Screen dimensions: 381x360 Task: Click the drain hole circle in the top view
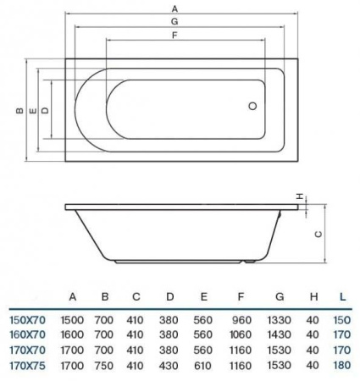pos(252,108)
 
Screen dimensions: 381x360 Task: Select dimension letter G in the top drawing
pos(174,22)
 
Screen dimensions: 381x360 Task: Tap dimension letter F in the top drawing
pos(173,36)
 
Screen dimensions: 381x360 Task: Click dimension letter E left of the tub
pos(31,110)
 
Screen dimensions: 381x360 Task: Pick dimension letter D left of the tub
pos(45,110)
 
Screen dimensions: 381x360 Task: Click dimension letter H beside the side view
pos(299,196)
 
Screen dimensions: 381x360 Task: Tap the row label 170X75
pos(26,365)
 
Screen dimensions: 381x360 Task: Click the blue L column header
pos(341,296)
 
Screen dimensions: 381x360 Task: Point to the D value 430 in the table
pos(169,365)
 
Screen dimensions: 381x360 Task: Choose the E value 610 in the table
pos(202,365)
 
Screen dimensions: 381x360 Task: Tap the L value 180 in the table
pos(341,365)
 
